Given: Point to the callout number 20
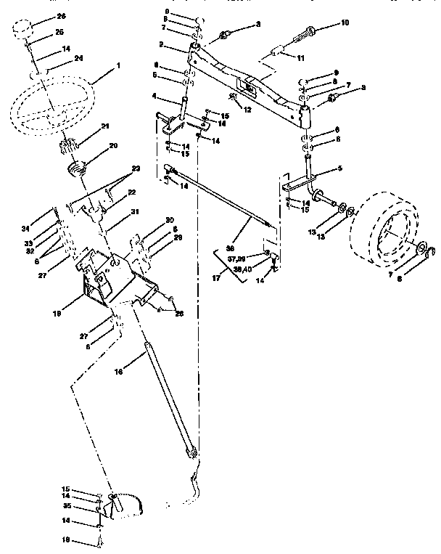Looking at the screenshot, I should coord(113,145).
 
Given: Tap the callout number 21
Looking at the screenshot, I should coord(105,126).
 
